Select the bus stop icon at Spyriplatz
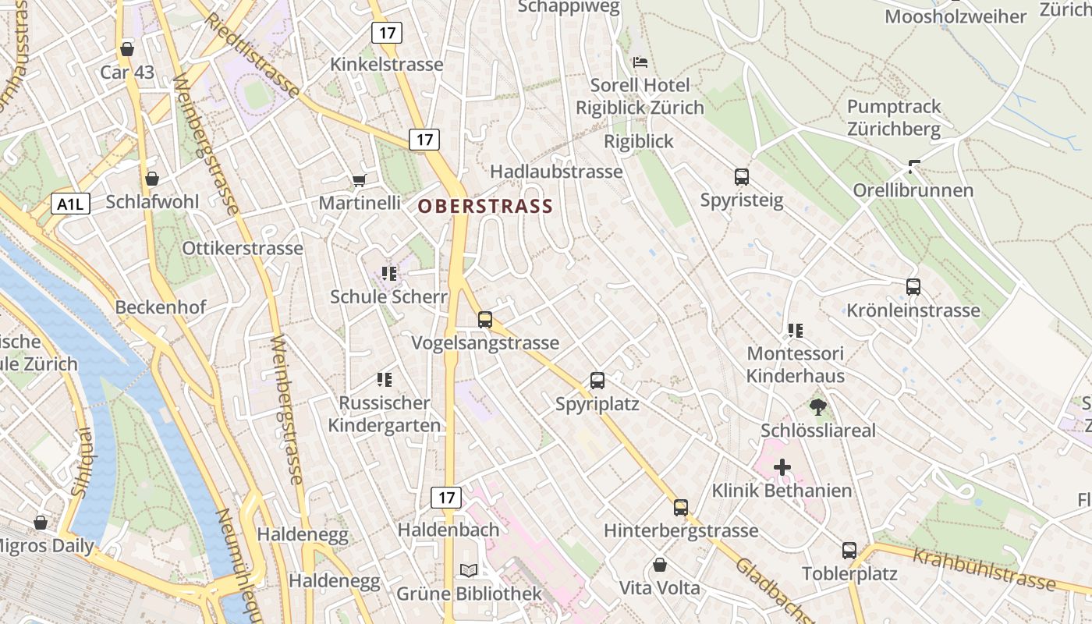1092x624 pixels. tap(597, 381)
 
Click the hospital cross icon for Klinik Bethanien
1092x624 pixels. tap(782, 467)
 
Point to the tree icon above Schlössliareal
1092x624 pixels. tap(818, 406)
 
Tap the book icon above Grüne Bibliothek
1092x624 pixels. tap(469, 570)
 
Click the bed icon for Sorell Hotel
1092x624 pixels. tap(640, 62)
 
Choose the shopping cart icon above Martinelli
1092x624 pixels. tap(359, 180)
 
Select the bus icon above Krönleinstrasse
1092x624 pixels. tap(913, 286)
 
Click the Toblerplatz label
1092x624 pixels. tap(849, 574)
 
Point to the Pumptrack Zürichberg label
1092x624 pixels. tap(894, 118)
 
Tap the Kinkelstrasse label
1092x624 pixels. tap(387, 65)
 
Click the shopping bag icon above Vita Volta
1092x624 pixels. tap(660, 564)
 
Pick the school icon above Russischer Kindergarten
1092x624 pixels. tap(384, 380)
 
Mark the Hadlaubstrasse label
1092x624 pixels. tap(556, 172)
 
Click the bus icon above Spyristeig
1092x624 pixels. tap(741, 177)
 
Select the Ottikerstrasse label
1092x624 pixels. tap(242, 249)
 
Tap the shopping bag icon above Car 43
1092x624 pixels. tap(127, 49)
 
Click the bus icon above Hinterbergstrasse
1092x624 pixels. tap(681, 507)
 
